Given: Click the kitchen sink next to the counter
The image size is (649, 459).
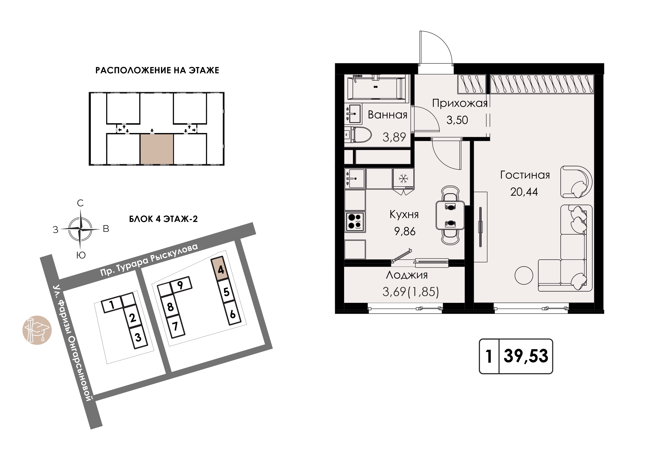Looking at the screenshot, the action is (x=355, y=178).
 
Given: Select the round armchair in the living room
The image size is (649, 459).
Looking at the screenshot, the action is (x=576, y=182).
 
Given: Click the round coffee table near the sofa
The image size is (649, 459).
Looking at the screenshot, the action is (x=524, y=275).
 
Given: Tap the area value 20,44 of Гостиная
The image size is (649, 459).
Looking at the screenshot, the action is (x=524, y=192).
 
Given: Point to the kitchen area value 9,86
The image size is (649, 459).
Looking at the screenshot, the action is (x=405, y=231).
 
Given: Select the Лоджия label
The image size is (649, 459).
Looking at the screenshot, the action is (x=407, y=275).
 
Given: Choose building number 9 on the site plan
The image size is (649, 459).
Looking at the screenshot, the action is (x=180, y=285).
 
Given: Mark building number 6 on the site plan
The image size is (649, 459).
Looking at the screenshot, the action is (x=233, y=313).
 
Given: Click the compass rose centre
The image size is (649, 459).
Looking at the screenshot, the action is (x=81, y=229).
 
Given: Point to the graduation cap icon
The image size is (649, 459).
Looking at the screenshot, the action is (x=37, y=330).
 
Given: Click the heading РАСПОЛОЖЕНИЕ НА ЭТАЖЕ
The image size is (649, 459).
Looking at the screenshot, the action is (x=157, y=70).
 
